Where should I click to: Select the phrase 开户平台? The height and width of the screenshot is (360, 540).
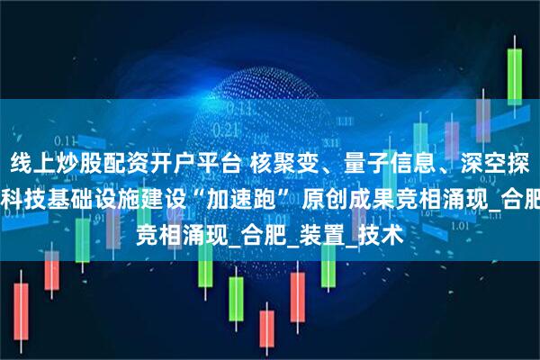pos(207,166)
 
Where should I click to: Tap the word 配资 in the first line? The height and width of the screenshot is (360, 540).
pos(126,166)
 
